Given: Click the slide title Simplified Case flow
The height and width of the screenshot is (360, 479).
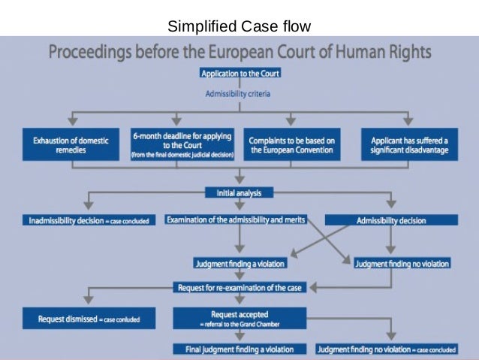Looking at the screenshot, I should click(x=239, y=28).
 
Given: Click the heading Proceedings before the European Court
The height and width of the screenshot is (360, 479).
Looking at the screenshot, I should click(x=240, y=53).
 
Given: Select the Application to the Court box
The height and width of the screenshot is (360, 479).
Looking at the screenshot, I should click(x=239, y=74).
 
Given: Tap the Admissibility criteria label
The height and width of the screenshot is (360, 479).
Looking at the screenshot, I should click(x=238, y=94).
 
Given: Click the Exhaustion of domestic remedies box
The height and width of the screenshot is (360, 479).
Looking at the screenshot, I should click(x=70, y=144).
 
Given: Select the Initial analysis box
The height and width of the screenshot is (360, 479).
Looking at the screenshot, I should click(x=239, y=192).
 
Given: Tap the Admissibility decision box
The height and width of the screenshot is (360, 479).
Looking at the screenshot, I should click(x=390, y=220).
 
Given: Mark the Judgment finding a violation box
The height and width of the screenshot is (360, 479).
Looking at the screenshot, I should click(x=239, y=264).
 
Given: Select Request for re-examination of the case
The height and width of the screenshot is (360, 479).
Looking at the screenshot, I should click(x=239, y=287).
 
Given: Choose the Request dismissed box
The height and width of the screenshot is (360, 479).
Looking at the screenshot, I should click(x=88, y=319).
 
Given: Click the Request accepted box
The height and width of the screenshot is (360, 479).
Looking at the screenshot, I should click(x=239, y=318).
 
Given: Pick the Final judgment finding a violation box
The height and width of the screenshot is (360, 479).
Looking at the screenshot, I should click(x=239, y=349).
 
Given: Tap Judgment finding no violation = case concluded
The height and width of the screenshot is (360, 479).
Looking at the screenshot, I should click(x=386, y=349).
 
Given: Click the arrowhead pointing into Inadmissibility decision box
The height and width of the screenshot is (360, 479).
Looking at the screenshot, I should click(x=88, y=206).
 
